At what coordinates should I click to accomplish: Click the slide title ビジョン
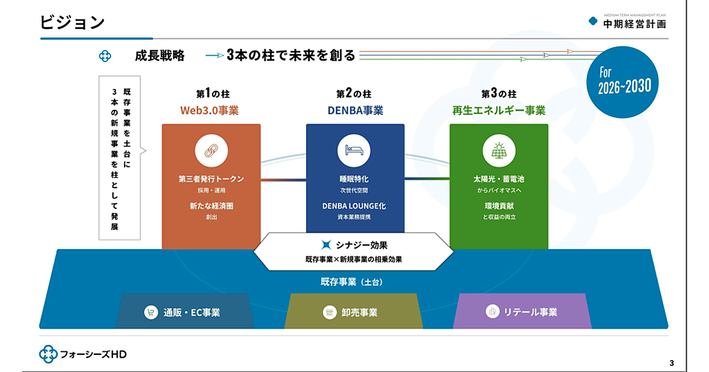pos(72,22)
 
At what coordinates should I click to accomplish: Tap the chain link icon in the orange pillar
pos(211,151)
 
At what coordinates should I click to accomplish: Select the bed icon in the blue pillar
pos(354,151)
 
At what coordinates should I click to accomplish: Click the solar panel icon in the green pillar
pos(499,151)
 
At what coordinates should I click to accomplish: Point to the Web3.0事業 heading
pos(209,110)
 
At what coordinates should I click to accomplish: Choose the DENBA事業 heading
pos(354,110)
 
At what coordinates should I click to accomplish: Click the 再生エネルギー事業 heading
pos(499,110)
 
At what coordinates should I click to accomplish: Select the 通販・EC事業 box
pos(185,312)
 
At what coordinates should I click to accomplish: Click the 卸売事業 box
pos(353,312)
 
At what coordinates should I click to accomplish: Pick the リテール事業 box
pos(522,312)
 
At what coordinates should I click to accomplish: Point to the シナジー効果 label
pos(354,245)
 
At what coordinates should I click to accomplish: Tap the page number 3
pos(671,363)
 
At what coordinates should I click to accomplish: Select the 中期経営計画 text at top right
pos(634,24)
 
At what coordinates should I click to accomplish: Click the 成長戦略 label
pos(160,56)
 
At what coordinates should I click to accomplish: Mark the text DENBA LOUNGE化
pos(354,206)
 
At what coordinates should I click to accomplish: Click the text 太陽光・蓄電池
pos(499,179)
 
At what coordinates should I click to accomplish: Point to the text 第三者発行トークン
pos(211,179)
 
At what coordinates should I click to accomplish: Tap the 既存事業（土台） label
pos(347,282)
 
